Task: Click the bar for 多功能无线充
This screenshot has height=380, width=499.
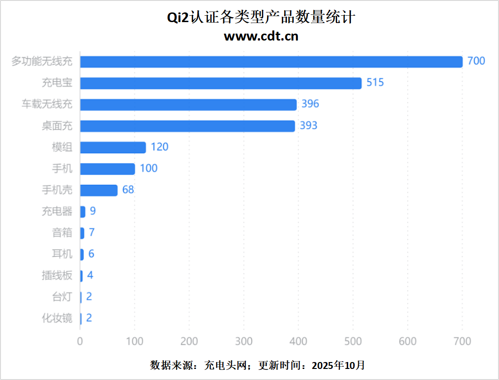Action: tap(271, 62)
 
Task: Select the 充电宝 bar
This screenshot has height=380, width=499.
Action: tap(221, 83)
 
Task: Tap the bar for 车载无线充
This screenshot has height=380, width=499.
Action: tap(188, 105)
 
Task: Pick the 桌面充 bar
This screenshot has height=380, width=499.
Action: tap(187, 126)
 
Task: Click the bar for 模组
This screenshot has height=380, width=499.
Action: tap(113, 147)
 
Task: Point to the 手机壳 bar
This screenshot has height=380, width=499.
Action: tap(99, 190)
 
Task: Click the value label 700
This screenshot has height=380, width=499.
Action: tap(476, 61)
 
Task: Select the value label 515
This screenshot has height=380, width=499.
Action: tap(375, 82)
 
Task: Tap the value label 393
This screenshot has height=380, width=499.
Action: tap(309, 125)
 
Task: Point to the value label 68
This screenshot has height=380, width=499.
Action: tap(128, 189)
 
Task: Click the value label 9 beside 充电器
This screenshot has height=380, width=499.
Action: tap(93, 211)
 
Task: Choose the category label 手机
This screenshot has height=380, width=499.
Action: tap(62, 169)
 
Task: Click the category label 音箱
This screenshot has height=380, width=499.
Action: tap(62, 233)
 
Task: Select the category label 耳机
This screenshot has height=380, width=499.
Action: tap(62, 254)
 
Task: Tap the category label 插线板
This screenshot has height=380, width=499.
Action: tap(57, 275)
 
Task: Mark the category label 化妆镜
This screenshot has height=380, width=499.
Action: tap(57, 318)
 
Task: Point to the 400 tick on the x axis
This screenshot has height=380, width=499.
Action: tap(298, 341)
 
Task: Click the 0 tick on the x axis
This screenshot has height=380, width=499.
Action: tap(80, 341)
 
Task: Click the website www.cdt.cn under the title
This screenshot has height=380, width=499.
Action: tap(261, 36)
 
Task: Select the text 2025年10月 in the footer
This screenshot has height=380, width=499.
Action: tap(339, 365)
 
